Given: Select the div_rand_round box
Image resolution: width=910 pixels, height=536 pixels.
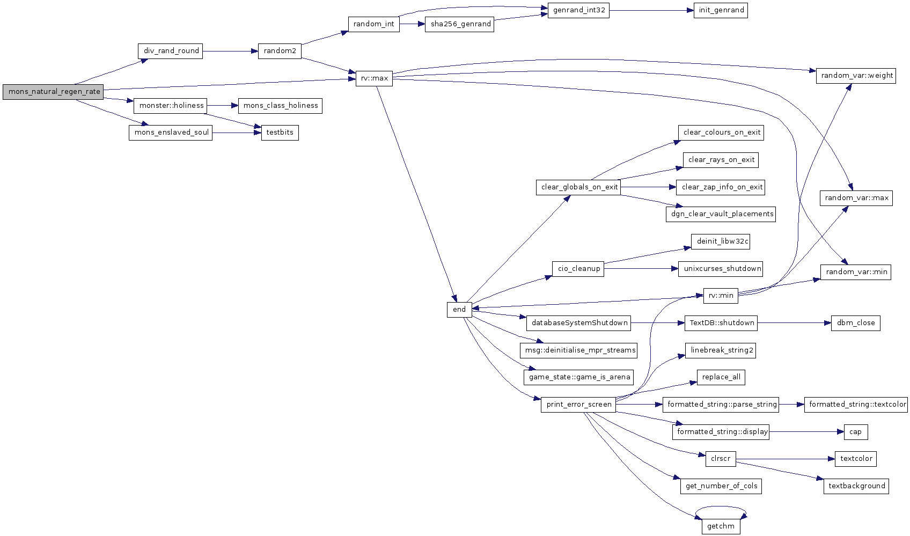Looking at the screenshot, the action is click(x=170, y=51).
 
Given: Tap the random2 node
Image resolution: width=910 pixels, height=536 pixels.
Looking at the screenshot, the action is click(x=280, y=51).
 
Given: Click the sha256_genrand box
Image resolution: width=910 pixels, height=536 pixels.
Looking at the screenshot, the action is click(x=459, y=24).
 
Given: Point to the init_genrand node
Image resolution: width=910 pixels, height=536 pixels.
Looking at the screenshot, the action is click(x=721, y=11).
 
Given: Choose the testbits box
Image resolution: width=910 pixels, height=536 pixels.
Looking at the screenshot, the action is click(x=280, y=133).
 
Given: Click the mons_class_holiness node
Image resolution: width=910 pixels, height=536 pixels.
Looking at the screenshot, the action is click(x=280, y=106).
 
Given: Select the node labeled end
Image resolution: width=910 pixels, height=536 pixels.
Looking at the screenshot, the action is click(x=459, y=310).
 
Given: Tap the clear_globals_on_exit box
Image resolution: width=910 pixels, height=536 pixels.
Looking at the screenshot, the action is click(x=578, y=187).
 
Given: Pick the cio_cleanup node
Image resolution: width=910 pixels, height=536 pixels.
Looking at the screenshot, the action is click(x=578, y=269).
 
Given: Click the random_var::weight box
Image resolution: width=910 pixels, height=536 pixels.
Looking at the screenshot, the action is click(x=856, y=76).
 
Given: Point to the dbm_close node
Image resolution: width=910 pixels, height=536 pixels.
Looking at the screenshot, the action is click(x=856, y=323).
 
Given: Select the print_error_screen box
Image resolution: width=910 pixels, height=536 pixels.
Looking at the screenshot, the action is click(x=578, y=405).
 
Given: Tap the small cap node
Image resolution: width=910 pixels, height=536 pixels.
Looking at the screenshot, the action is click(x=856, y=432).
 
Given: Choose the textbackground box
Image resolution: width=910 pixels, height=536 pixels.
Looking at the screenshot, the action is click(x=856, y=487).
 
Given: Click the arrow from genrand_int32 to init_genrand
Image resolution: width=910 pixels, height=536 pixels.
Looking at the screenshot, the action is click(x=651, y=11).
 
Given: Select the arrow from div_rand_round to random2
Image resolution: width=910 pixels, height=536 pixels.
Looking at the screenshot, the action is click(x=230, y=51).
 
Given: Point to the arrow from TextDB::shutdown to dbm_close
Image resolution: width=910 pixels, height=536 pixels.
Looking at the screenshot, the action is click(x=794, y=323).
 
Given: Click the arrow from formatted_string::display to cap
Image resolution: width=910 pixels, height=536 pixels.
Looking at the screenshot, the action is click(x=806, y=432).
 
